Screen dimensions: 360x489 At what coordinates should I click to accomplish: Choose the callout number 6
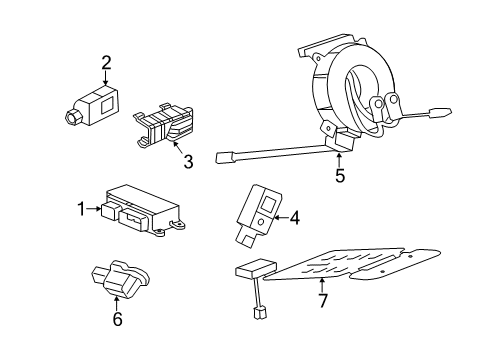pos(117,319)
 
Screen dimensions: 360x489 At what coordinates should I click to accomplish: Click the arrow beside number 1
pos(93,209)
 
